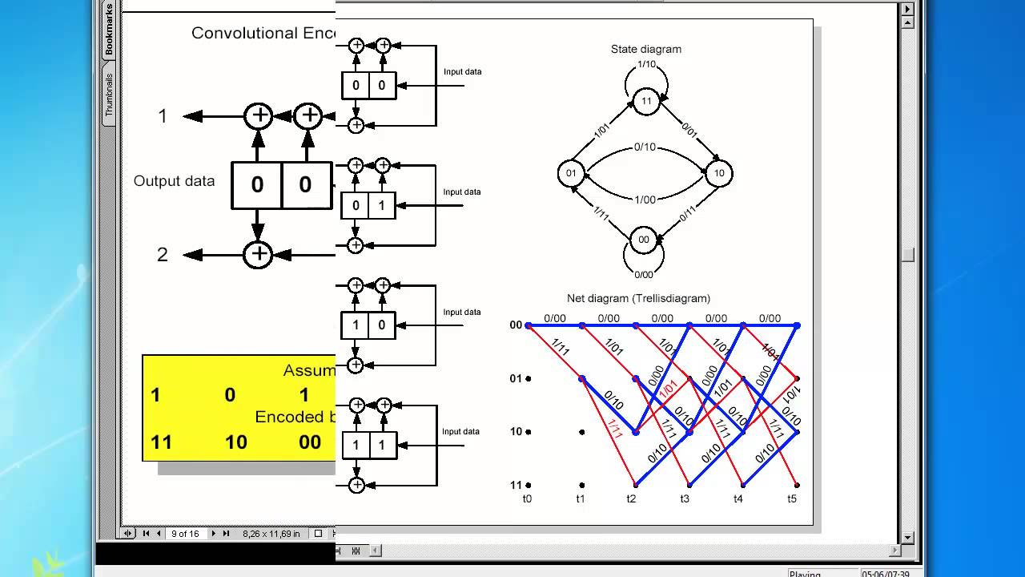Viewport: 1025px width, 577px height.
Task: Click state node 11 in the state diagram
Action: click(x=645, y=101)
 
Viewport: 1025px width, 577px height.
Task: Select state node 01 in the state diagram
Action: click(x=571, y=173)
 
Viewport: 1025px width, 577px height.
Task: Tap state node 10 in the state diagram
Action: click(x=719, y=173)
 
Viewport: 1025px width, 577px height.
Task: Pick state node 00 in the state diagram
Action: click(x=643, y=240)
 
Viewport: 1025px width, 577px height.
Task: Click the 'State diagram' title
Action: click(x=645, y=49)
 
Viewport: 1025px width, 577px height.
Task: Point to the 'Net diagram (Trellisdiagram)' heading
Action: click(x=638, y=298)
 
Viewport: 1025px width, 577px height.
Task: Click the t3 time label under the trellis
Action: click(x=685, y=498)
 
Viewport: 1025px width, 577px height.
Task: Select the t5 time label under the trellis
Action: click(x=792, y=498)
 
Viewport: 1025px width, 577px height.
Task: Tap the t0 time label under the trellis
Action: click(x=527, y=498)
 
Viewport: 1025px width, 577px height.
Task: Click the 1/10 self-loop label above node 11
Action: click(x=647, y=64)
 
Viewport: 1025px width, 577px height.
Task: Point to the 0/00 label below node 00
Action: click(x=643, y=275)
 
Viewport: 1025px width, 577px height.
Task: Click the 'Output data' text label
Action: click(x=174, y=181)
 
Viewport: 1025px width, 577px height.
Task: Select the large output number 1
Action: click(x=163, y=116)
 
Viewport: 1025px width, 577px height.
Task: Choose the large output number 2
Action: click(x=163, y=255)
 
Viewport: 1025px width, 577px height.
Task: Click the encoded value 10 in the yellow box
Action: click(x=235, y=442)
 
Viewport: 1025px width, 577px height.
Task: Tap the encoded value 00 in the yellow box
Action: click(x=310, y=442)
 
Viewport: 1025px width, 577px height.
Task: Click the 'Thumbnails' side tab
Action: click(x=109, y=95)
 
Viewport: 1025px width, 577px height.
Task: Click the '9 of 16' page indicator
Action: click(x=185, y=534)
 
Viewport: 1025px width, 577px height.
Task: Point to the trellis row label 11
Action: click(x=516, y=485)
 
